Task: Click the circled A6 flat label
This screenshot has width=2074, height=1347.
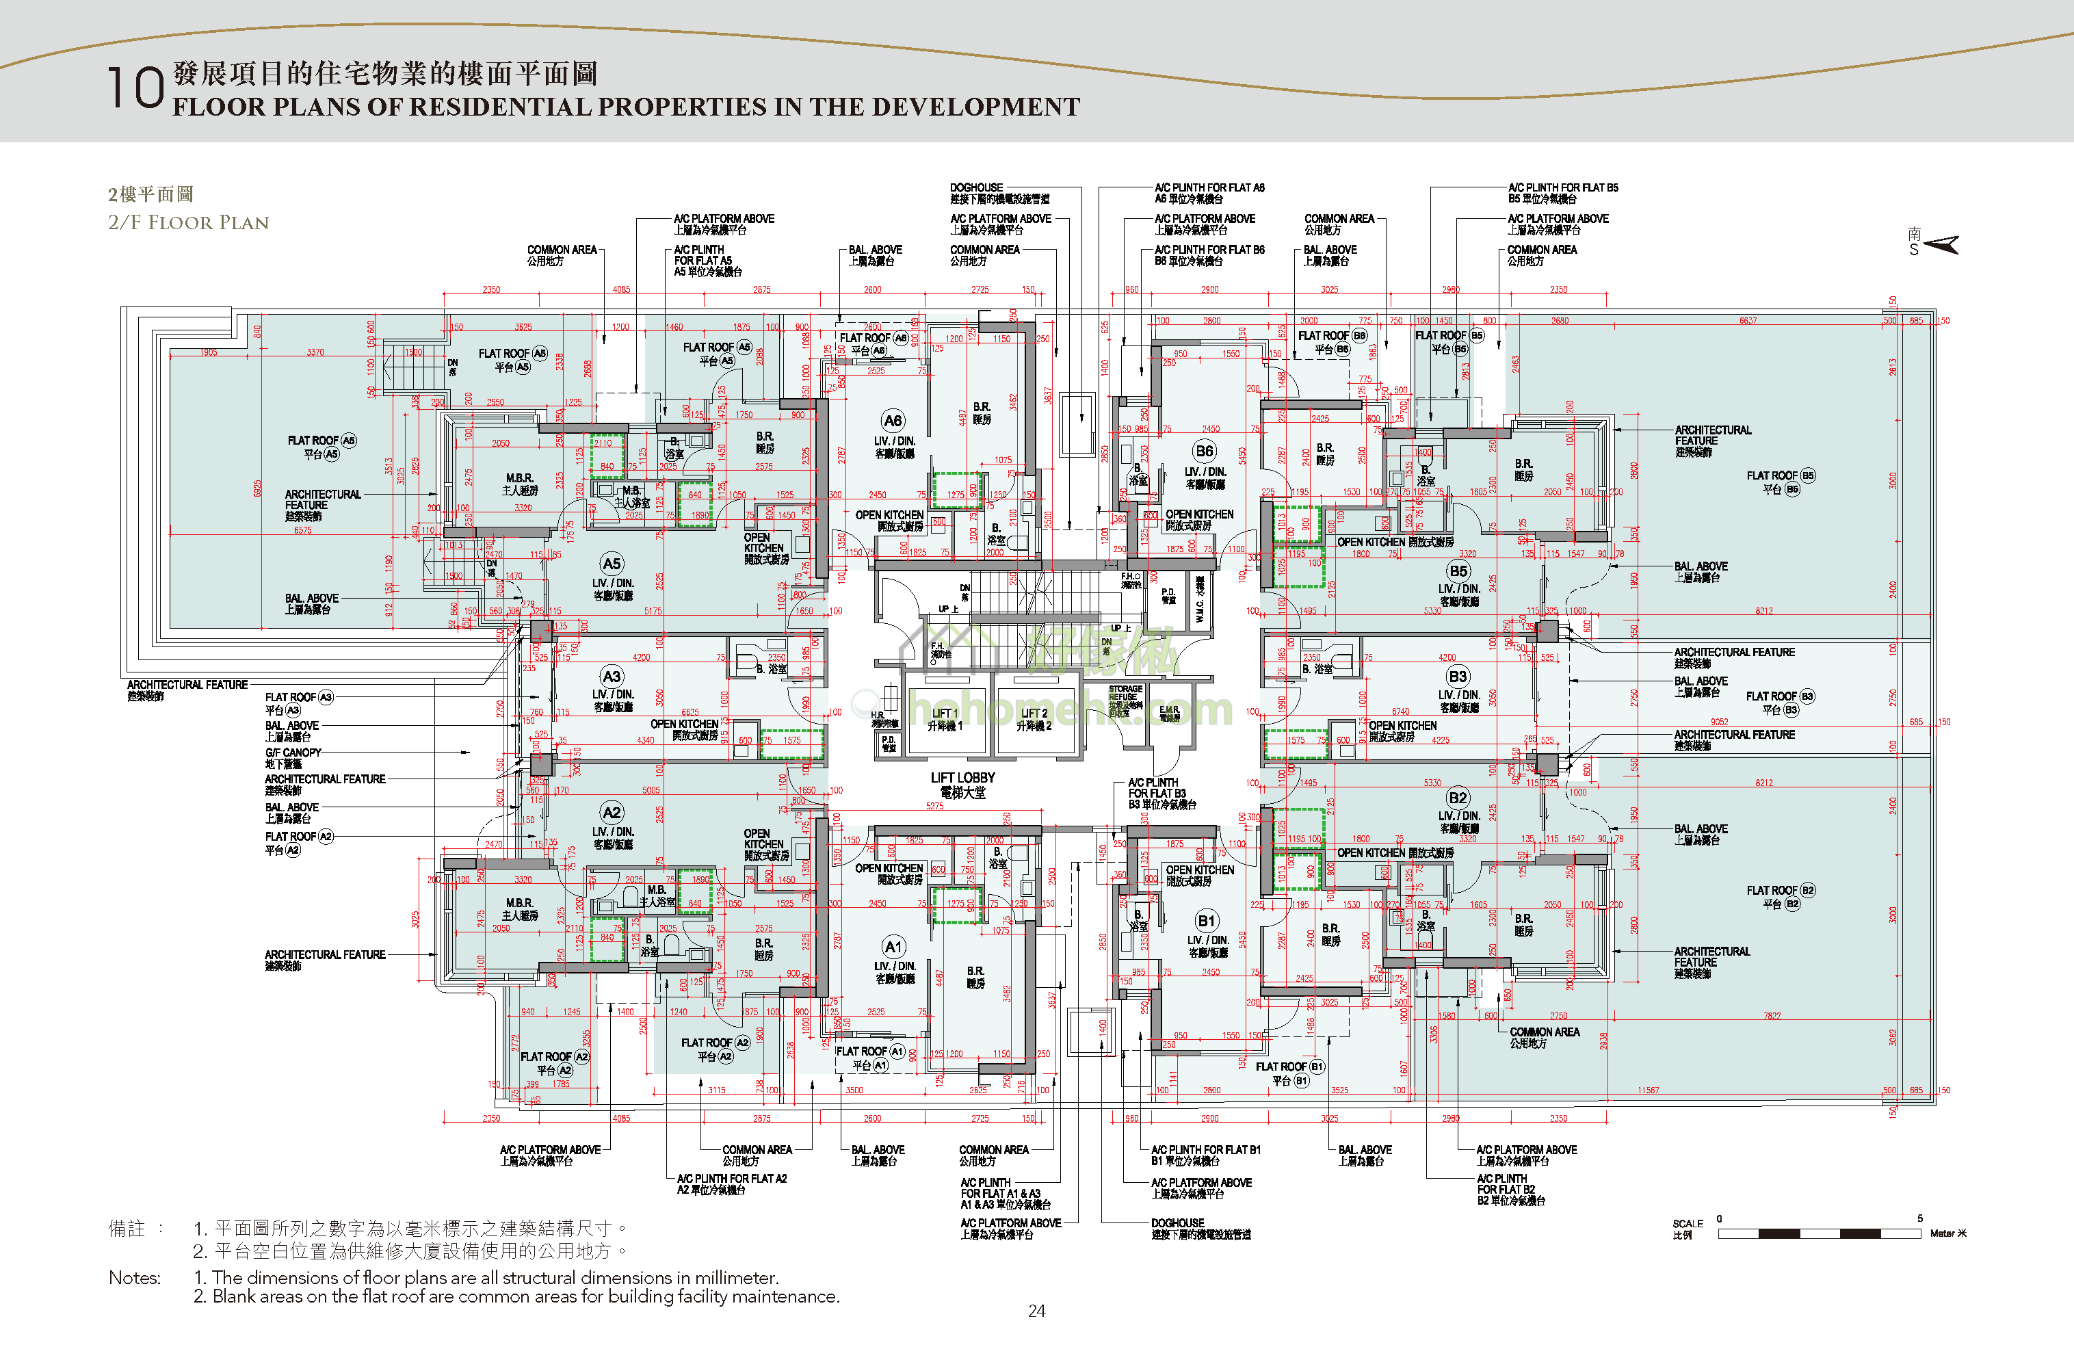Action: tap(893, 421)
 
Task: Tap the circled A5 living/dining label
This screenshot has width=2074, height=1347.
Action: tap(612, 564)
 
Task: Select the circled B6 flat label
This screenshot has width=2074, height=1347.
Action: tap(1205, 450)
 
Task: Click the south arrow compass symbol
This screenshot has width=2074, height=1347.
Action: tap(1940, 245)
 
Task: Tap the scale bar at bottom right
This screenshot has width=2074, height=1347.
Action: tap(1819, 1233)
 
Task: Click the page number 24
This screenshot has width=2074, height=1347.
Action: tap(1036, 1311)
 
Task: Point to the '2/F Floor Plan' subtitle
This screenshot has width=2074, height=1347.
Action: tap(188, 222)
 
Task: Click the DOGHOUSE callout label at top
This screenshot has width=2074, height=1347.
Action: tap(976, 187)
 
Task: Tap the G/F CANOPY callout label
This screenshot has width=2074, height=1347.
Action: tap(293, 753)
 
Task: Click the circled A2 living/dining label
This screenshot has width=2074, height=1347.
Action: tap(612, 813)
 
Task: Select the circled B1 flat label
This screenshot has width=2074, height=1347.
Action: tap(1206, 921)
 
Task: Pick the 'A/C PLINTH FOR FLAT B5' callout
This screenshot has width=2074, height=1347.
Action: tap(1562, 187)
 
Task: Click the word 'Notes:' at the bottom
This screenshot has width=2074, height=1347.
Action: tap(134, 1277)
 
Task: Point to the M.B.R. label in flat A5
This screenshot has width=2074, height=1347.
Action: tap(519, 478)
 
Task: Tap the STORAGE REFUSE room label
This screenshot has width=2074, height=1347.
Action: tap(1125, 694)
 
